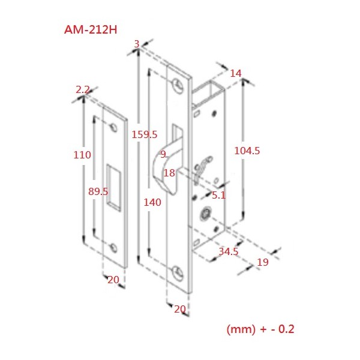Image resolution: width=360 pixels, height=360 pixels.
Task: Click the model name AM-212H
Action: tap(91, 29)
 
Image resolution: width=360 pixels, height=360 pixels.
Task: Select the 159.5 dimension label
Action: tap(145, 134)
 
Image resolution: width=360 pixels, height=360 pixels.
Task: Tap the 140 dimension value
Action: tap(152, 202)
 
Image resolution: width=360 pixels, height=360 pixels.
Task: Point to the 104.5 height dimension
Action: tap(247, 151)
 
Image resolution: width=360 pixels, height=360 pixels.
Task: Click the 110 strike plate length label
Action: tap(82, 155)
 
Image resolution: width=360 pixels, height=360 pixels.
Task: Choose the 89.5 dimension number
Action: tap(98, 191)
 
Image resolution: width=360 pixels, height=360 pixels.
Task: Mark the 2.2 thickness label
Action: tap(82, 90)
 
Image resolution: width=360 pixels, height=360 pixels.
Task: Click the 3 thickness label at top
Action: tap(137, 44)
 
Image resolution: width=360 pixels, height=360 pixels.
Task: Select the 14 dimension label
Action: tap(236, 73)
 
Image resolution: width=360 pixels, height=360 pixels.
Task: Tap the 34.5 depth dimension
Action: tap(229, 251)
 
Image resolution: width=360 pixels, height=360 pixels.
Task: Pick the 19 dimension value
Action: tap(263, 262)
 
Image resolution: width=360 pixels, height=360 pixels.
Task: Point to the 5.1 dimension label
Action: tap(218, 196)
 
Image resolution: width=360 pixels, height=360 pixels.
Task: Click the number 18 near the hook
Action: tap(169, 173)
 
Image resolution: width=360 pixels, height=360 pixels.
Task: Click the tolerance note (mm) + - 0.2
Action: tap(260, 329)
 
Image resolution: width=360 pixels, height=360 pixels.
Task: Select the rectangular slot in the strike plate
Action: tap(114, 187)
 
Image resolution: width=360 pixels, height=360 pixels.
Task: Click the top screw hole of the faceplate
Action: tap(178, 86)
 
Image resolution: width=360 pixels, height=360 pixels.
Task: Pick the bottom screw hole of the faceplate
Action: tap(178, 273)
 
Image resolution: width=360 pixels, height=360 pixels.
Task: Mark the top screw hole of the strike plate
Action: tap(114, 128)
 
